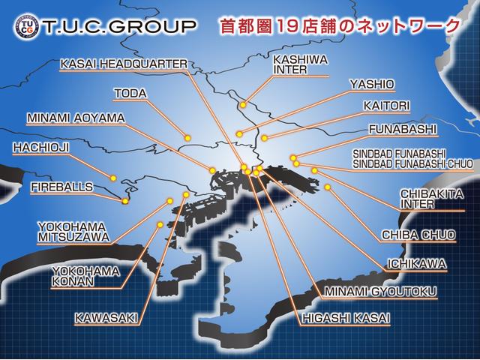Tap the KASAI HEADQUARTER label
pyautogui.click(x=122, y=64)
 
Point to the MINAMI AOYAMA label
pyautogui.click(x=76, y=118)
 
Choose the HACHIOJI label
pyautogui.click(x=40, y=148)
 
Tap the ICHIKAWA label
pyautogui.click(x=416, y=263)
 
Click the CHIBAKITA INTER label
pyautogui.click(x=427, y=198)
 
